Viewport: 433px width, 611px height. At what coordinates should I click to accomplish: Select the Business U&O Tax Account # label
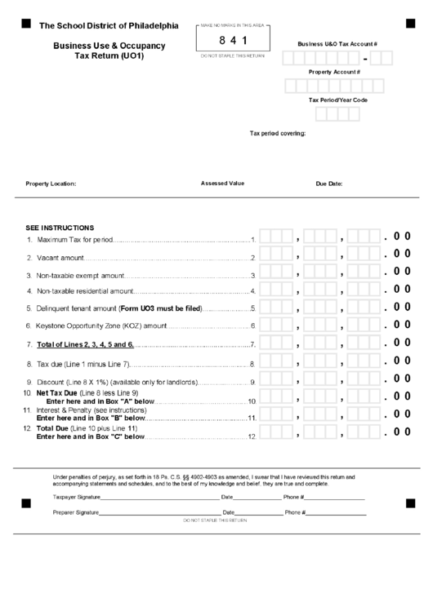(x=337, y=42)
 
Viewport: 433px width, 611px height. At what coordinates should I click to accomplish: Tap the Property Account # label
(x=334, y=72)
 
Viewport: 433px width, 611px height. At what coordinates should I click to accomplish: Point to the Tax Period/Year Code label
(x=337, y=100)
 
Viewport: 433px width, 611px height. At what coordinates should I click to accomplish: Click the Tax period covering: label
(x=277, y=133)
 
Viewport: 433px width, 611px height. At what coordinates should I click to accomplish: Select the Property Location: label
(x=51, y=184)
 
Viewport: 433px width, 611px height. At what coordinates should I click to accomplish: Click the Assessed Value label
(x=222, y=184)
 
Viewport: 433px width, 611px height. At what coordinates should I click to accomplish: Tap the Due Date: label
(x=329, y=184)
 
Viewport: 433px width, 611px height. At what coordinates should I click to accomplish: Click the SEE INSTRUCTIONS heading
(x=60, y=228)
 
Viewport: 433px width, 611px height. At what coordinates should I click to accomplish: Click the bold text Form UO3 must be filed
(x=160, y=308)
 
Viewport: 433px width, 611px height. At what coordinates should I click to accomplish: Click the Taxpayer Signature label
(x=76, y=497)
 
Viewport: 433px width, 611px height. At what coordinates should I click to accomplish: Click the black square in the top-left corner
(x=25, y=24)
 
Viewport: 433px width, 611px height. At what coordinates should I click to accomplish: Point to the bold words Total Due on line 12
(x=54, y=428)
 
